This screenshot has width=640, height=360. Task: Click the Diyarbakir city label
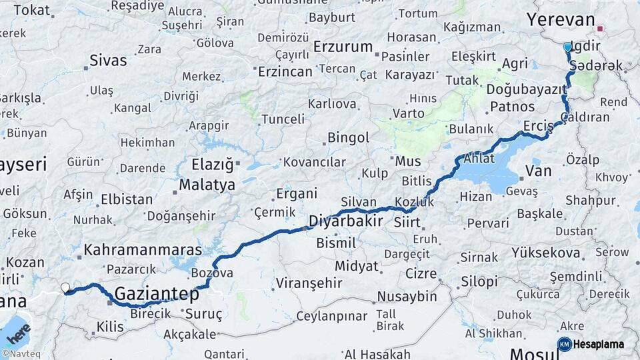(x=345, y=221)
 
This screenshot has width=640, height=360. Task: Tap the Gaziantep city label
(x=157, y=293)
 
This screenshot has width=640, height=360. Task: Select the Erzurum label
(x=343, y=47)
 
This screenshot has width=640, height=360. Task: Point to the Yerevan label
(x=560, y=19)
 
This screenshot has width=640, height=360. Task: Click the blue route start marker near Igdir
(x=567, y=47)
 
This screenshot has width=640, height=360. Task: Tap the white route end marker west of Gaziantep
(x=65, y=288)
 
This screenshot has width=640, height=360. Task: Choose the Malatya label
(x=207, y=185)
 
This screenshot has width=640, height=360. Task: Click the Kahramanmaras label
(x=143, y=250)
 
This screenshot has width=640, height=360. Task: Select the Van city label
(x=538, y=171)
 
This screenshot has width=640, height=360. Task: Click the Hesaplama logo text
(x=599, y=344)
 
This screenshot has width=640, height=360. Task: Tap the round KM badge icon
(x=565, y=344)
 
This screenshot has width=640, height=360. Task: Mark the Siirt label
(x=407, y=221)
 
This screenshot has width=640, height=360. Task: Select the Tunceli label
(x=282, y=119)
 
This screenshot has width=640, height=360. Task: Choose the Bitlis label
(x=418, y=181)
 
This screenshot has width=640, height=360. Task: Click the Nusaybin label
(x=407, y=297)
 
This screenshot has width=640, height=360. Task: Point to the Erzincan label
(x=285, y=71)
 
